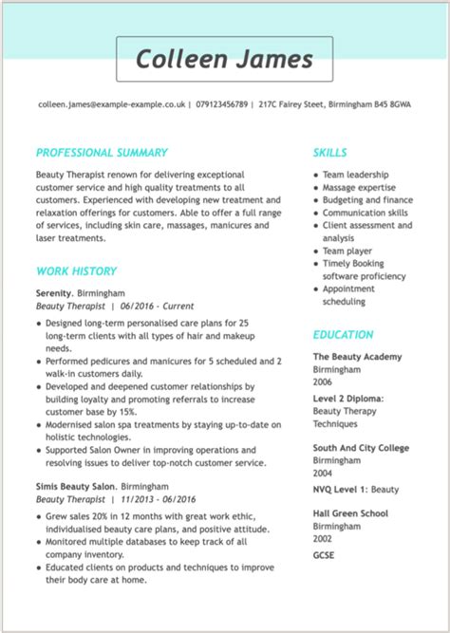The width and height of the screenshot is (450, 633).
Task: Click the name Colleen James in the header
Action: [x=224, y=59]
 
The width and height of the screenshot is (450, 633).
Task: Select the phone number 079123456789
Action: [x=221, y=104]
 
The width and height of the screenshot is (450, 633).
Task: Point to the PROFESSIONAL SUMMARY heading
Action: [x=102, y=152]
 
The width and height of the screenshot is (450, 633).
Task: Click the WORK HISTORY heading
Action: [x=76, y=271]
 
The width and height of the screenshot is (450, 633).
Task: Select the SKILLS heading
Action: [x=329, y=152]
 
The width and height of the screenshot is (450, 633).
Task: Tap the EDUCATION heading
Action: [x=343, y=334]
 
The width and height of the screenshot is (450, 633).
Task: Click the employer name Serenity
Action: [x=53, y=293]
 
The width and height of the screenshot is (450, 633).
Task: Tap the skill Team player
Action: [x=347, y=251]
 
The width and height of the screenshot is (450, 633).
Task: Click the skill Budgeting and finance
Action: [x=367, y=200]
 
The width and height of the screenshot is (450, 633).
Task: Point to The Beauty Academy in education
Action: [x=357, y=357]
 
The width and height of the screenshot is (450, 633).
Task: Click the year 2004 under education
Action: [x=324, y=472]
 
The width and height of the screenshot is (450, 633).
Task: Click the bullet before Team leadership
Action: [x=315, y=176]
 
